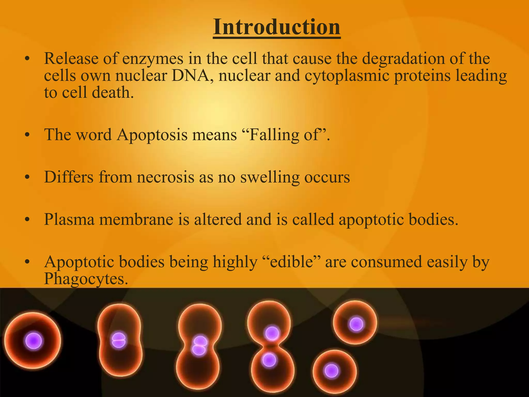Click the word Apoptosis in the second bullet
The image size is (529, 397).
point(152,135)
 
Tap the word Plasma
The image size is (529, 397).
point(69,219)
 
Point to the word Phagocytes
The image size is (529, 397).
point(86,279)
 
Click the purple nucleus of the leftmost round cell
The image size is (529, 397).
point(33,341)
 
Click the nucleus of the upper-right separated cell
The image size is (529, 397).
point(356,324)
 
